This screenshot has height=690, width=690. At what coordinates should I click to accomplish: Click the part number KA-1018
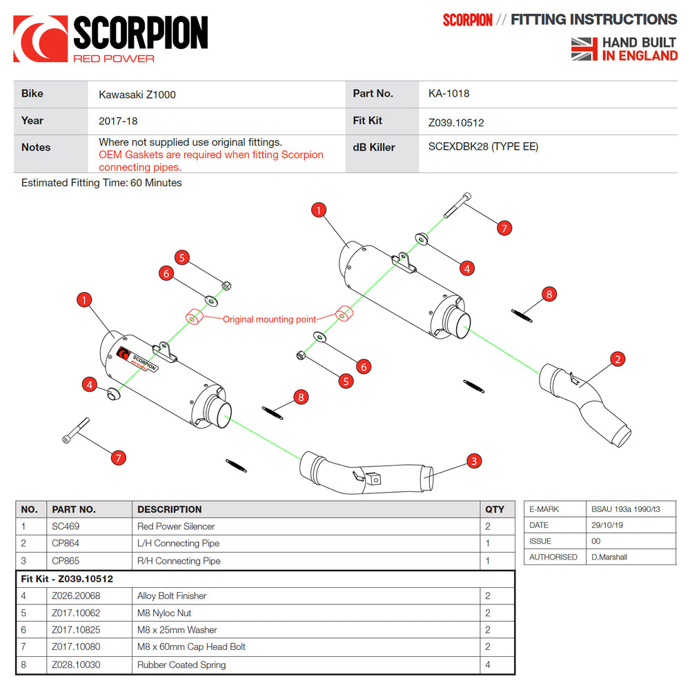pos(448,93)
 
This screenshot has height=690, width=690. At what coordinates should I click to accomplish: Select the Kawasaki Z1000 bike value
pos(137,95)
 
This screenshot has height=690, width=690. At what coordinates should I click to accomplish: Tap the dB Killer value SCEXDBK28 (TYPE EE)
pos(483,146)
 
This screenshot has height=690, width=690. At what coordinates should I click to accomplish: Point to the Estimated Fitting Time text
pos(101,183)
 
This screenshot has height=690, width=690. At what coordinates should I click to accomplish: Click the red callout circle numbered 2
pos(618,359)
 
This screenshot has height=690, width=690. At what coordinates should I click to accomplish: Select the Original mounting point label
pos(269,319)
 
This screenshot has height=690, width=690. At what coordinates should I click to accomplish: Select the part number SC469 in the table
pos(66,526)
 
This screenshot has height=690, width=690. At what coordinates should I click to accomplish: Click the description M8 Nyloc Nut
pos(164,613)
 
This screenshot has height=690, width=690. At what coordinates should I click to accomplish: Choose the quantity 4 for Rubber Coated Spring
pos(488,665)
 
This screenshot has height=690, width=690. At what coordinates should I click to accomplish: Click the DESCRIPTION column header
pos(169,509)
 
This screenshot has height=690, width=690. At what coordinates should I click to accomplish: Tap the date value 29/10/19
pos(607,525)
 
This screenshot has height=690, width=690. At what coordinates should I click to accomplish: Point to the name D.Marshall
pos(609,557)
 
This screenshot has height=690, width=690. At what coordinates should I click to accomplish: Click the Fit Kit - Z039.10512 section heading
pos(67,579)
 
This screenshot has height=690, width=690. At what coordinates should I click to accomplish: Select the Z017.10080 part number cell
pos(75,647)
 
